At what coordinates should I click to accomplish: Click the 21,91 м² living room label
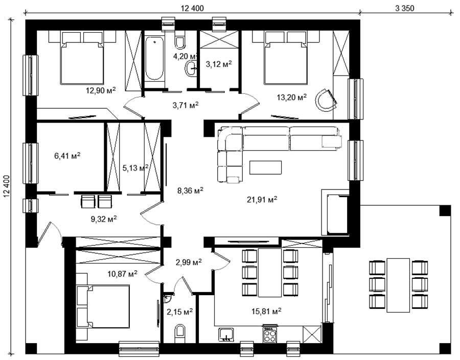(x=262, y=200)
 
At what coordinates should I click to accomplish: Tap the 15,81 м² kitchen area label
(x=266, y=311)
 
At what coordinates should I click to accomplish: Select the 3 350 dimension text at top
(x=405, y=8)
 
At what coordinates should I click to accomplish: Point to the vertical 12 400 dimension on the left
(x=7, y=189)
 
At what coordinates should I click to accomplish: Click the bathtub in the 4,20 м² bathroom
(x=154, y=58)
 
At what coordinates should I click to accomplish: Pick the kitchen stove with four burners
(x=270, y=334)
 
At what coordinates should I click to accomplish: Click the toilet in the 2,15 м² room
(x=179, y=333)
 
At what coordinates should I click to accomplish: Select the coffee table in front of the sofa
(x=265, y=167)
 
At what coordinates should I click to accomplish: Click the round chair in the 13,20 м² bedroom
(x=325, y=100)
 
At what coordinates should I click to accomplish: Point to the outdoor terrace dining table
(x=398, y=285)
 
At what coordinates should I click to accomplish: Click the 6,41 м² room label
(x=67, y=156)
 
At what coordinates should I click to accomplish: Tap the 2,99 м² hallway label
(x=188, y=262)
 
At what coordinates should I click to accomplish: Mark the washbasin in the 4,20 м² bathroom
(x=191, y=69)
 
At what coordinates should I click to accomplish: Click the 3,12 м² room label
(x=219, y=64)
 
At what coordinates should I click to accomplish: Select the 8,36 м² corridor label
(x=191, y=191)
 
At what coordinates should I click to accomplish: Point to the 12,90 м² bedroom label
(x=101, y=90)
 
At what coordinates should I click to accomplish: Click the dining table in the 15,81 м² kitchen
(x=270, y=273)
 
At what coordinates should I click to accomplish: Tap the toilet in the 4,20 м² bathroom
(x=179, y=42)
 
